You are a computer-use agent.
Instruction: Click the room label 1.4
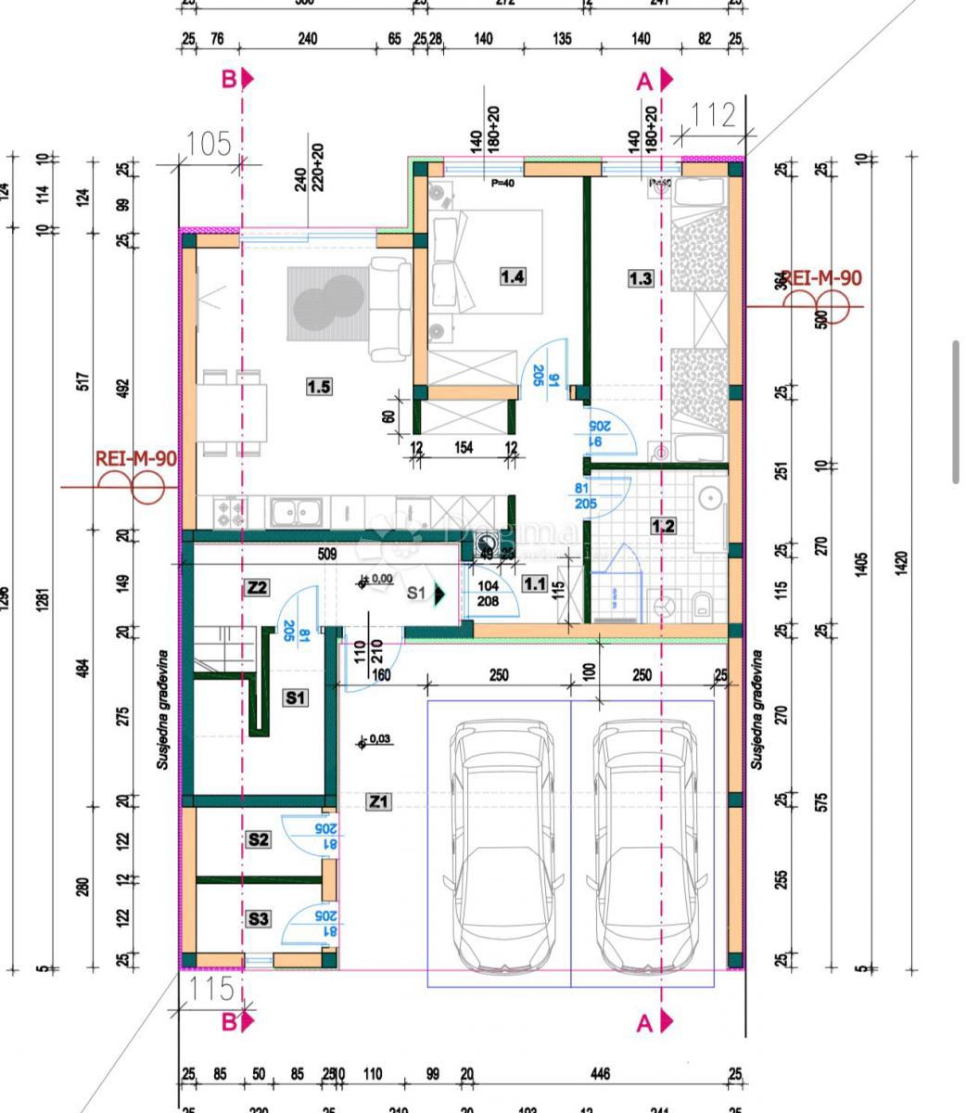click(513, 275)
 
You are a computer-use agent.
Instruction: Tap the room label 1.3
click(640, 277)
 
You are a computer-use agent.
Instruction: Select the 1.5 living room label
click(318, 386)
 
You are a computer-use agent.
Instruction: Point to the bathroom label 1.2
click(663, 526)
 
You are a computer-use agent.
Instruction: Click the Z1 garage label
click(378, 800)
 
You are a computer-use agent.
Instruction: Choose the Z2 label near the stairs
click(257, 587)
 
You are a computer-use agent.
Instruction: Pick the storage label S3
click(258, 918)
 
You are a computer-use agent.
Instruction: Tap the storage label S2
click(258, 838)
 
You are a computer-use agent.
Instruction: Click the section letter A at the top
click(645, 82)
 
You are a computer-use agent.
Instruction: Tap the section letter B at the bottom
click(229, 1022)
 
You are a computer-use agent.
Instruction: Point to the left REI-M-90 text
click(135, 458)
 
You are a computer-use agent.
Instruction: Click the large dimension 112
click(713, 117)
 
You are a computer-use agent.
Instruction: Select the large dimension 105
click(209, 144)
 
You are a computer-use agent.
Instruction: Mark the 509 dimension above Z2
click(326, 556)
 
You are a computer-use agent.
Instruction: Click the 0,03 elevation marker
click(379, 739)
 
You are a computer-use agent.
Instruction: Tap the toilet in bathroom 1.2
click(703, 606)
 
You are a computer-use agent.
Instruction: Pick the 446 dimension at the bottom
click(600, 1074)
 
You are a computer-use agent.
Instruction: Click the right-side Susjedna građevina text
click(756, 710)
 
